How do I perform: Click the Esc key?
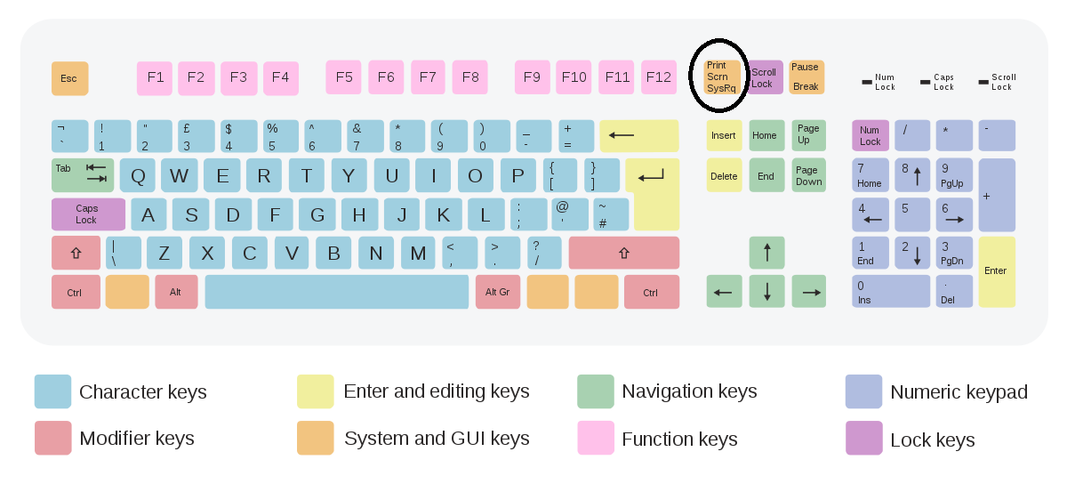(69, 78)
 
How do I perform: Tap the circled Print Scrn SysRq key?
(722, 77)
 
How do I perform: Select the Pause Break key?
(806, 77)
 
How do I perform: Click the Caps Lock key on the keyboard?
(88, 214)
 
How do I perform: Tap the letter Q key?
(138, 175)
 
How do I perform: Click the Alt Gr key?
(498, 292)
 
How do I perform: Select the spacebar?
(336, 292)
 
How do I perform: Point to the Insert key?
(724, 136)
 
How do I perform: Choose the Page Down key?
(808, 175)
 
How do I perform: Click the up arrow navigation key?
(766, 253)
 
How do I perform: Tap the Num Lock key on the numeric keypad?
(870, 136)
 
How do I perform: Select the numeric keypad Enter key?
(997, 271)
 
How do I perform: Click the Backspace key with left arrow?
(638, 136)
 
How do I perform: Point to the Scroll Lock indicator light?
(983, 82)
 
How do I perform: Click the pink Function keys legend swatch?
(596, 438)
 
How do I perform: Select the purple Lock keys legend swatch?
(863, 438)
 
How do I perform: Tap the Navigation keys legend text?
(689, 391)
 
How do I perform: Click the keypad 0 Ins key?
(890, 292)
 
